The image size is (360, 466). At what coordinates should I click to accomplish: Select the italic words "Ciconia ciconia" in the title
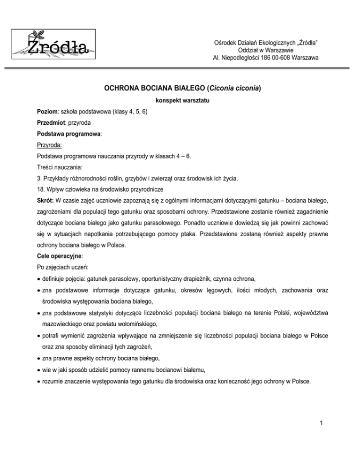click(x=232, y=87)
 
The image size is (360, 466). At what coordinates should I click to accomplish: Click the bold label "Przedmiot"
click(x=53, y=125)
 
